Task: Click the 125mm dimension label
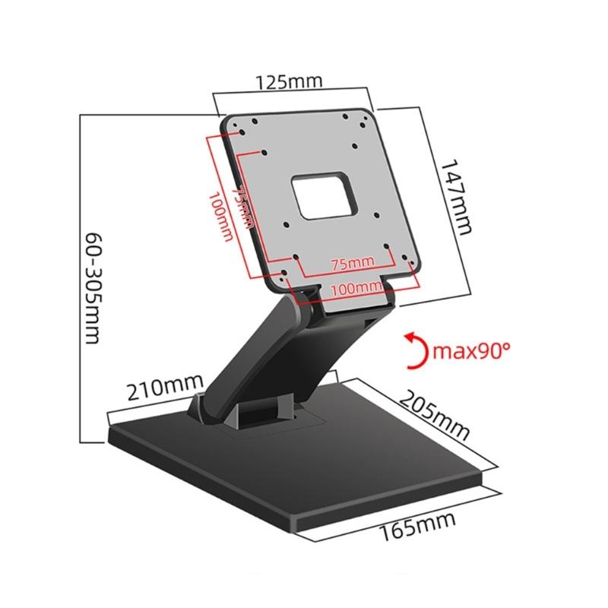(290, 81)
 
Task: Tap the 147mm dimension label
(454, 197)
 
